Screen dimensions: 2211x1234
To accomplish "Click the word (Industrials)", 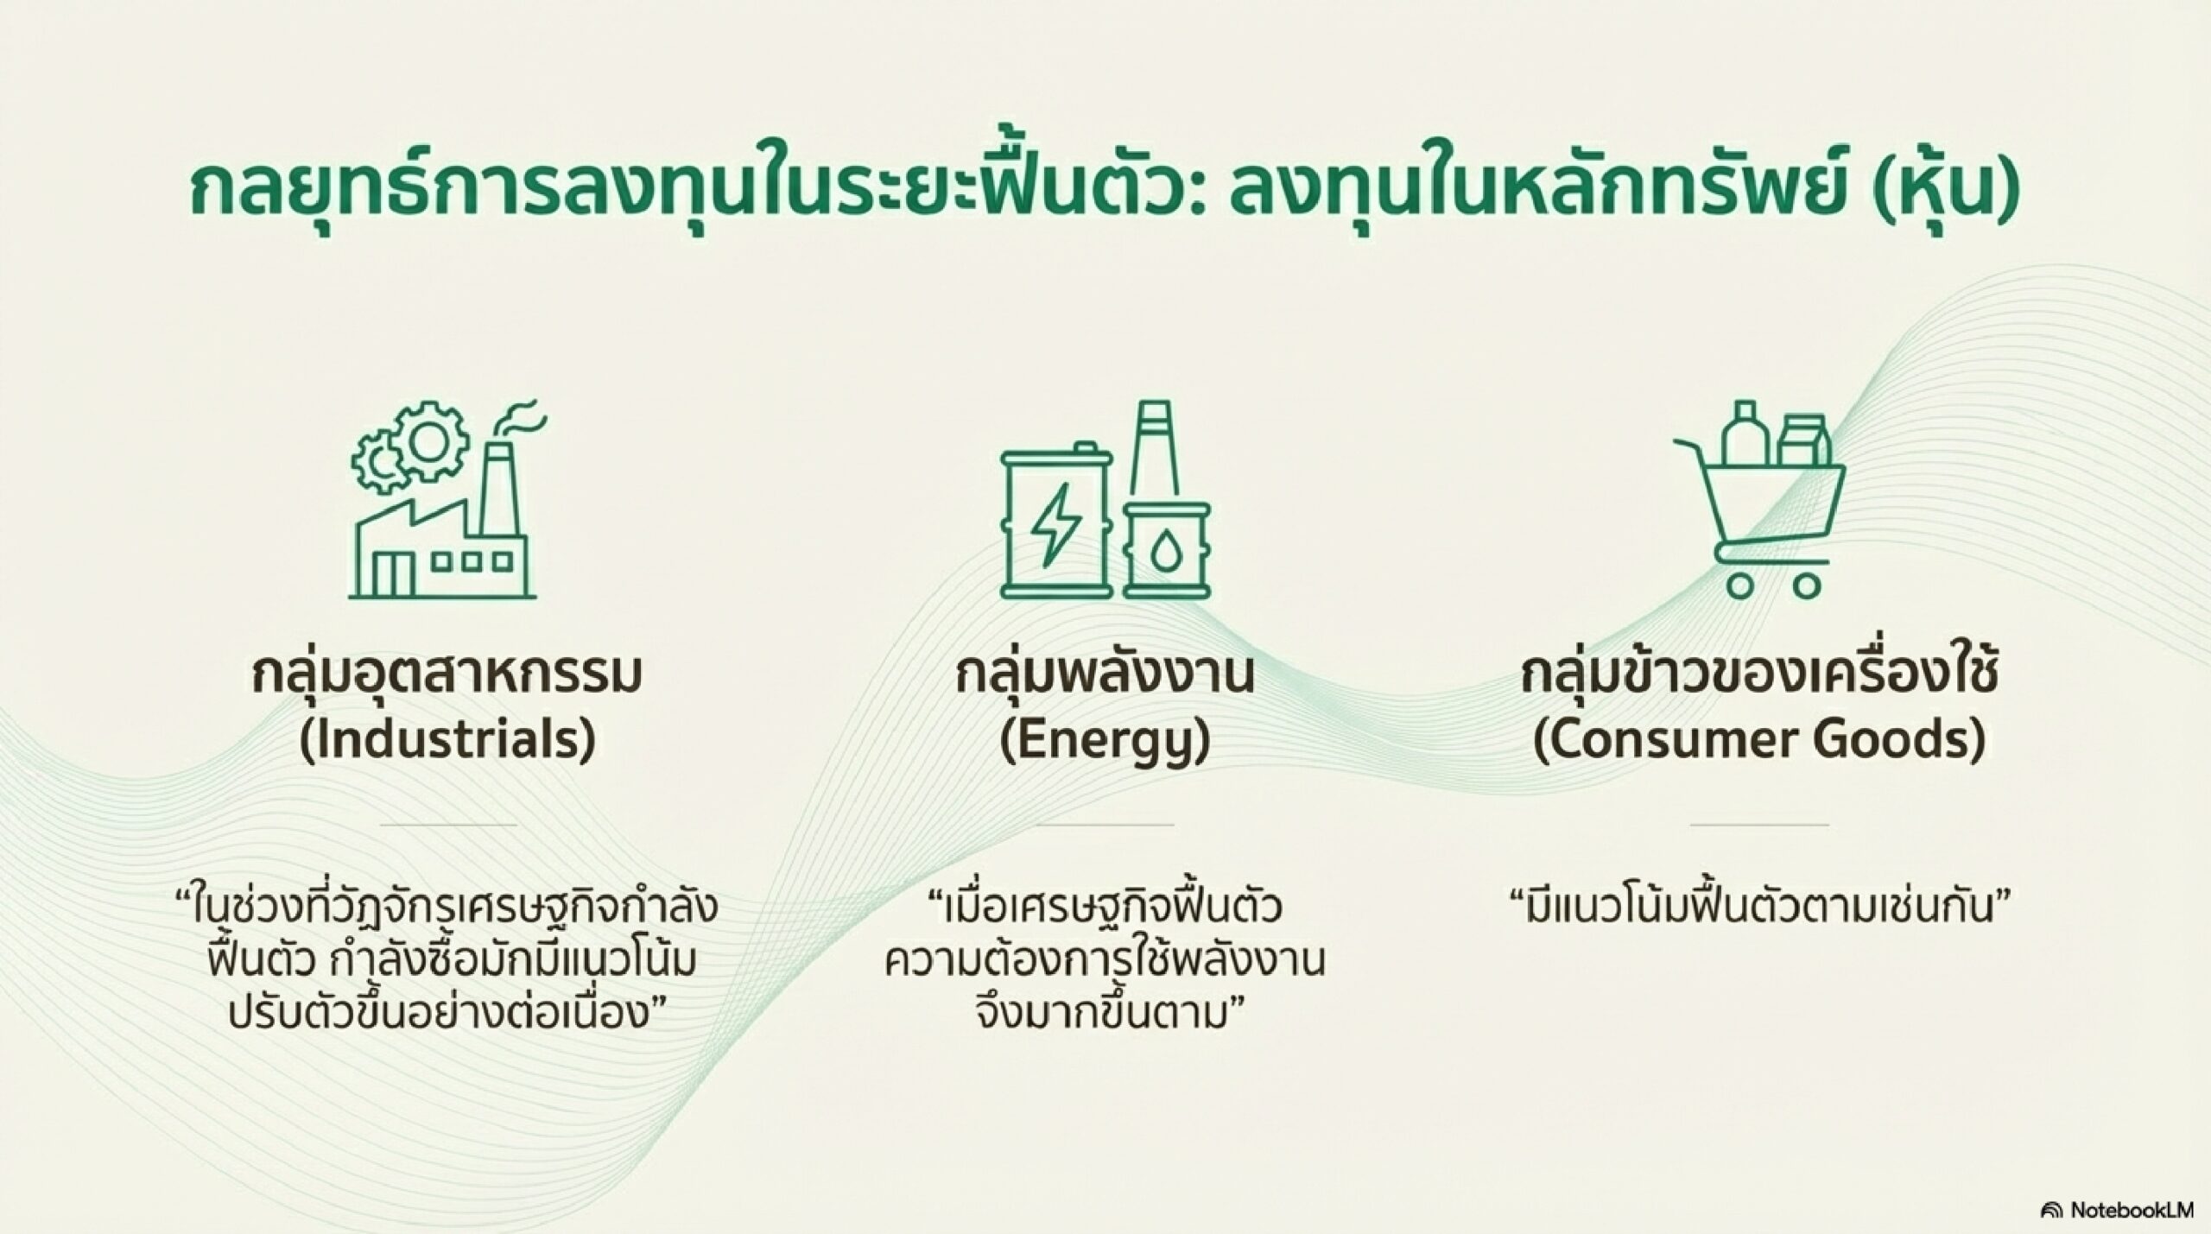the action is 447,739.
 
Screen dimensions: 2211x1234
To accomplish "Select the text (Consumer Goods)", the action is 1759,740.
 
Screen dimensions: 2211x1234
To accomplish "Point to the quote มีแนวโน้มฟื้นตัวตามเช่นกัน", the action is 1759,908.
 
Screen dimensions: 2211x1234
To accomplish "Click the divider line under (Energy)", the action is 1105,824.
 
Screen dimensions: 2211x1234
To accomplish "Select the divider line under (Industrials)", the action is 447,824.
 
